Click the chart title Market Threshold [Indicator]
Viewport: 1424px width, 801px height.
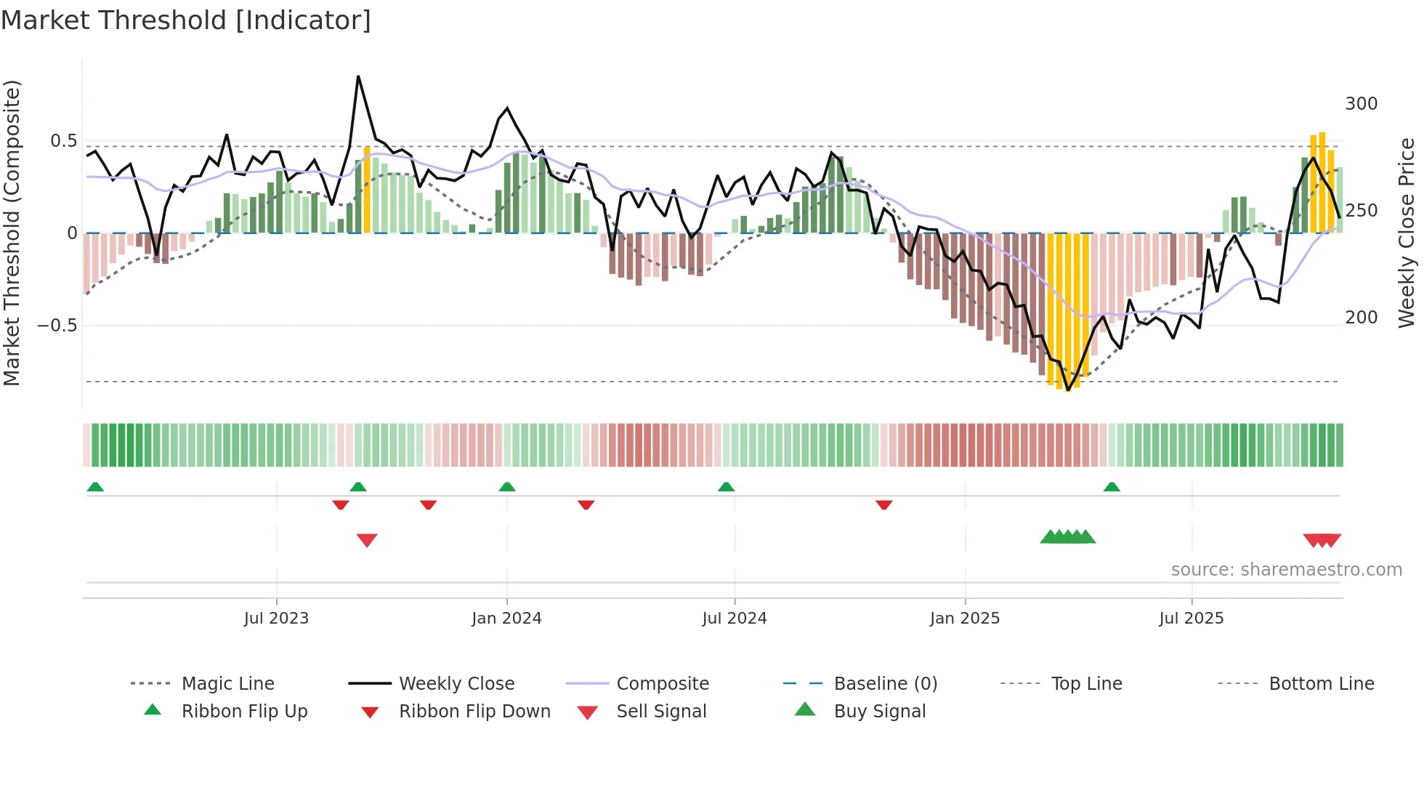[186, 20]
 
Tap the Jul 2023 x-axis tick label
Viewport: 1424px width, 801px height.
[276, 619]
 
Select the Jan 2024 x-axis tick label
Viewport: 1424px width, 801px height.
[506, 619]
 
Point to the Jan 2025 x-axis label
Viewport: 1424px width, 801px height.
[965, 619]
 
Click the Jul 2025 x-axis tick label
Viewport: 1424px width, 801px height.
[1192, 619]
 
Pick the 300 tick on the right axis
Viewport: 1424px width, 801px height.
[1361, 104]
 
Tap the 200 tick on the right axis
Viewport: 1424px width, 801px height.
[1361, 318]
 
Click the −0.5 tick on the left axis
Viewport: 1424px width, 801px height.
[57, 325]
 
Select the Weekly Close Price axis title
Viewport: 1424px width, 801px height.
[1407, 233]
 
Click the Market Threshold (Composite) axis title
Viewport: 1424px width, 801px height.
[12, 233]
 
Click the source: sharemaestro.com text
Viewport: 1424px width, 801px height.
[1286, 570]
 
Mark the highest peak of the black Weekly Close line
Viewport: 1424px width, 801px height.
[358, 76]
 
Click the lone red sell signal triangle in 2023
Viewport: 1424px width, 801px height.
[367, 539]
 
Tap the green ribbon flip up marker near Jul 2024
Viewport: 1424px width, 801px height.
[726, 487]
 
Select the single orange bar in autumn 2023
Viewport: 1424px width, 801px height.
[367, 189]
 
